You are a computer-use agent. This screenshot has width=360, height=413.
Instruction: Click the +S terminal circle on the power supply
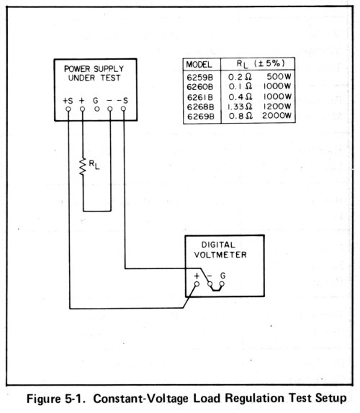[68, 109]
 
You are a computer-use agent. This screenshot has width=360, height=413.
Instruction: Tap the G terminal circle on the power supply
[96, 109]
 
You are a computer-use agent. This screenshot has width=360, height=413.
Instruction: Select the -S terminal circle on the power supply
[123, 109]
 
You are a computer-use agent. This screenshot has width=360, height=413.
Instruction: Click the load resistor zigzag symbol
[83, 166]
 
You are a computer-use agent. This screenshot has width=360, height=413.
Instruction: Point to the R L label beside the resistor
[94, 165]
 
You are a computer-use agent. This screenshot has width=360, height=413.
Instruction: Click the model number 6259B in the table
[199, 78]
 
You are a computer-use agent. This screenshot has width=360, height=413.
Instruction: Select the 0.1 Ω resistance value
[240, 86]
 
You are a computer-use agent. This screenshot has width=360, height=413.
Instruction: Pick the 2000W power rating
[276, 116]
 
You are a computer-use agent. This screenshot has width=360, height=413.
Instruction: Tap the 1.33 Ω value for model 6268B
[240, 106]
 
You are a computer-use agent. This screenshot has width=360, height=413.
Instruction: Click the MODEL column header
[199, 64]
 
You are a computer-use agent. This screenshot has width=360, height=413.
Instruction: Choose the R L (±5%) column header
[261, 63]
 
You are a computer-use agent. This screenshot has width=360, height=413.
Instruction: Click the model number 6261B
[199, 97]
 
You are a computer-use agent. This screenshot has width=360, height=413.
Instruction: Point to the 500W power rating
[279, 77]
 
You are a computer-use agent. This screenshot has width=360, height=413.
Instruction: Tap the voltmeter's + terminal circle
[197, 284]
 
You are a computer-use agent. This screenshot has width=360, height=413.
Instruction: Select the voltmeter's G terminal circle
[222, 284]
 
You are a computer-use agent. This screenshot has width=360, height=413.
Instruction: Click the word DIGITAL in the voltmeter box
[218, 245]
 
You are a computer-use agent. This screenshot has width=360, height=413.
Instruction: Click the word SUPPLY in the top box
[109, 69]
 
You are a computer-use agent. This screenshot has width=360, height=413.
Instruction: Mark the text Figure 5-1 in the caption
[56, 399]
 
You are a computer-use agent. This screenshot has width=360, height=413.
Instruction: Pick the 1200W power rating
[277, 106]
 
